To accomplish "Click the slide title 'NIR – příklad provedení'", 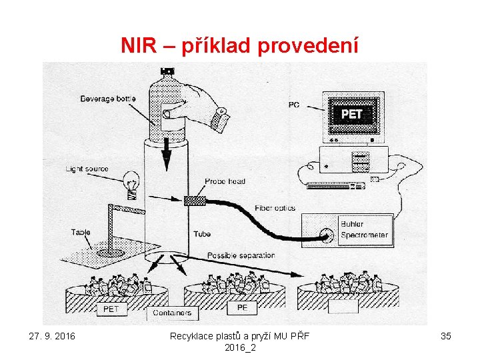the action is (240, 45).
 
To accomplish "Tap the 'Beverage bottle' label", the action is (108, 99).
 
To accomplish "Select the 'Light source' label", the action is (87, 169).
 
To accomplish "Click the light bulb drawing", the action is (132, 184).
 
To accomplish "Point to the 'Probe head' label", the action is (225, 181).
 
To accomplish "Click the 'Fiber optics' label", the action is (275, 209).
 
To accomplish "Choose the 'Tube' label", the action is (202, 234).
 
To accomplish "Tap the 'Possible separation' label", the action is (241, 255).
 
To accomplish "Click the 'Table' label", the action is (81, 232).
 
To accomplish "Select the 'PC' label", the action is (294, 104).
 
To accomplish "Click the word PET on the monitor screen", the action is (351, 114).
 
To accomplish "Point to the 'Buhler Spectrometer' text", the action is (363, 229).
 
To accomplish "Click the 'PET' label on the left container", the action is (111, 309).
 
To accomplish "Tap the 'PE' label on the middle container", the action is (242, 308).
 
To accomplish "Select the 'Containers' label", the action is (172, 312).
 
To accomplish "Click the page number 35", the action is (446, 336).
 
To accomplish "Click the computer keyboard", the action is (335, 185).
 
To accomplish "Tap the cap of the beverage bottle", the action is (167, 71).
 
